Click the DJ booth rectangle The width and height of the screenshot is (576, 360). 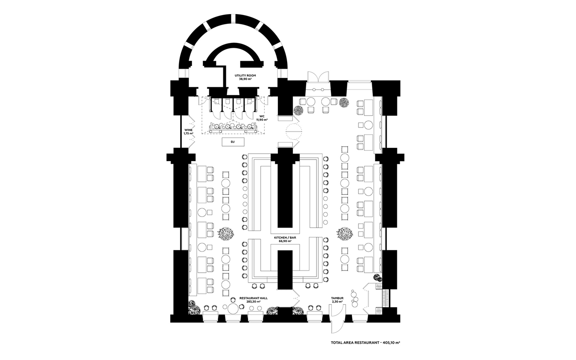pos(233,141)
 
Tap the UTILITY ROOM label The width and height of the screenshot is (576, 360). pos(245,76)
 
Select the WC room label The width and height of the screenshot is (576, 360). pos(262,116)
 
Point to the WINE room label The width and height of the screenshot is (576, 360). pos(188,130)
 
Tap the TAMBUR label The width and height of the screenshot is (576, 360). pos(337,298)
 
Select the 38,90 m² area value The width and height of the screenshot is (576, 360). pos(245,79)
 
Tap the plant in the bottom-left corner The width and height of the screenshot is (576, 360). pos(193,306)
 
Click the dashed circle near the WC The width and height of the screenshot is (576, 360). pos(293,132)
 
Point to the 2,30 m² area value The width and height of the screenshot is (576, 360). pos(337,302)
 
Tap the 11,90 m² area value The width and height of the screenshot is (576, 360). pos(262,120)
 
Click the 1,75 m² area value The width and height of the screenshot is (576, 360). pos(188,133)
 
